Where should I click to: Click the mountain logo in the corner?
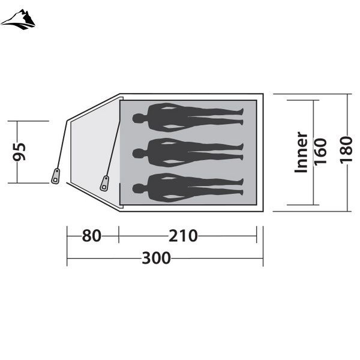tap(18, 20)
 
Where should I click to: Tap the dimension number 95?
tap(19, 152)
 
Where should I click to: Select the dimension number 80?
tap(92, 236)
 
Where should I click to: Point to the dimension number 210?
tap(183, 236)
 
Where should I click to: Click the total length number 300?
tap(157, 258)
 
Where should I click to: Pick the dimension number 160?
tap(320, 152)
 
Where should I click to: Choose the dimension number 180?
tap(346, 150)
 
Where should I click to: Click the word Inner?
tap(301, 152)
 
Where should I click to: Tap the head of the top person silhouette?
tap(138, 118)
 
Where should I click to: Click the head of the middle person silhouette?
tap(138, 153)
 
